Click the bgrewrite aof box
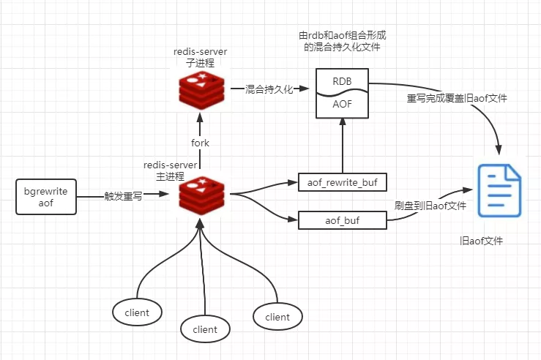pos(46,197)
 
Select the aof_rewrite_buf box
pos(343,182)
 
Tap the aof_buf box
pos(343,220)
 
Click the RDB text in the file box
pos(342,81)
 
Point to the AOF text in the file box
pos(342,104)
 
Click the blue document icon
pos(499,190)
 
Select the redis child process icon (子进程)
pos(201,90)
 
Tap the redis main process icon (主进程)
pos(201,195)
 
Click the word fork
pos(200,143)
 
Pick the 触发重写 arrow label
pos(123,196)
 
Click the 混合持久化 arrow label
pos(269,89)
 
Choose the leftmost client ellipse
pos(137,312)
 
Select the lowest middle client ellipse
pos(205,329)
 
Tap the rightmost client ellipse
pos(277,317)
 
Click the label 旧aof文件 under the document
pos(481,241)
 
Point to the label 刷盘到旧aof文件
pos(430,206)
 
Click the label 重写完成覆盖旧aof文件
pos(457,98)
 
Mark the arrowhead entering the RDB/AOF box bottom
pos(343,121)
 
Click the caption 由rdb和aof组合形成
pos(343,35)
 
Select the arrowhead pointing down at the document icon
pos(499,150)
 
